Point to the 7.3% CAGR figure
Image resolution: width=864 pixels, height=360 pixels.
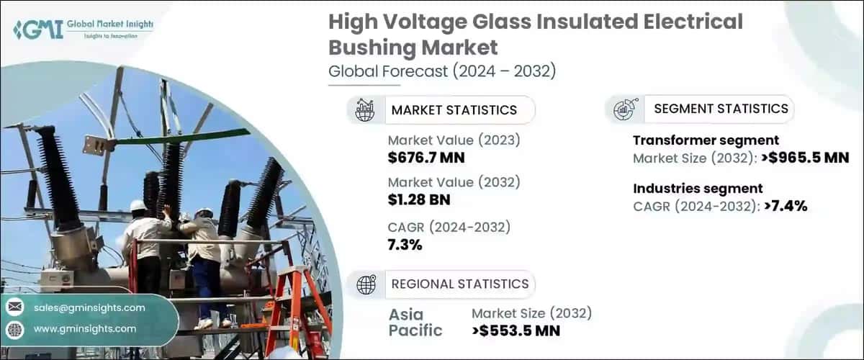click(x=405, y=245)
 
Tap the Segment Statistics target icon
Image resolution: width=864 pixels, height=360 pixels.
click(x=624, y=109)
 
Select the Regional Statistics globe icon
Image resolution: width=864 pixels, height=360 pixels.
click(x=366, y=284)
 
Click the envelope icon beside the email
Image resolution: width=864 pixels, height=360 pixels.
click(x=14, y=307)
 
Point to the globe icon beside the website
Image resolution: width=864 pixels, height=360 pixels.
click(x=14, y=328)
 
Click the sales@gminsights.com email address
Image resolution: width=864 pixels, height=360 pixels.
click(x=89, y=307)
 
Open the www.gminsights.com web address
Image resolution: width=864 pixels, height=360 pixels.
click(x=84, y=328)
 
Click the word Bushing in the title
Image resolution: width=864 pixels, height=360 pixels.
click(x=374, y=47)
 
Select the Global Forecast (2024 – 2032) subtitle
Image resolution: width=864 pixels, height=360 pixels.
click(x=442, y=71)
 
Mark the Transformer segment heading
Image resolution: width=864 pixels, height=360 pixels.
click(x=706, y=140)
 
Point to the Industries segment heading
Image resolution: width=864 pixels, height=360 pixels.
click(x=698, y=189)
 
